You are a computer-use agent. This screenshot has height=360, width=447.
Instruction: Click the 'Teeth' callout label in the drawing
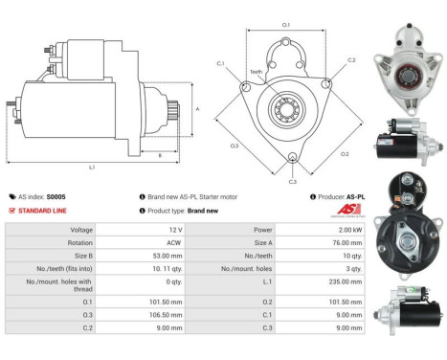(x=256, y=72)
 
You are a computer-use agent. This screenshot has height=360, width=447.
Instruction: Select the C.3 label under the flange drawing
(x=292, y=181)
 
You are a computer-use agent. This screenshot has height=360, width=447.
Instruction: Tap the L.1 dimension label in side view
(x=92, y=168)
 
